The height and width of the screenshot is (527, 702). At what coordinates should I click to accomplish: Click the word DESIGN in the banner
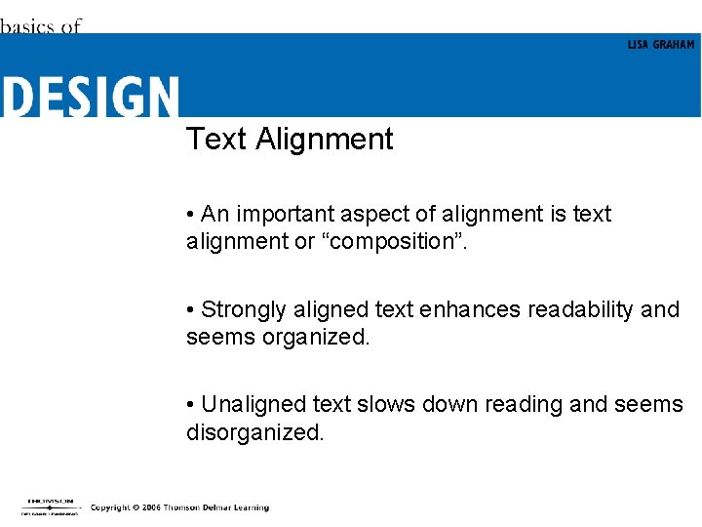pos(90,97)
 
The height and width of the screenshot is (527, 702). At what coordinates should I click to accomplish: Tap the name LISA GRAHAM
pos(661,45)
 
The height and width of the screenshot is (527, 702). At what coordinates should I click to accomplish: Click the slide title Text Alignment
pos(290,140)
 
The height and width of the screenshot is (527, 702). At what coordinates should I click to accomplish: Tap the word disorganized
pos(253,432)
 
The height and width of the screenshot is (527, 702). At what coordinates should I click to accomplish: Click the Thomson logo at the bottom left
pos(51,506)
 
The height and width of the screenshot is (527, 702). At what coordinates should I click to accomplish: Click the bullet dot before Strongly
pos(191,310)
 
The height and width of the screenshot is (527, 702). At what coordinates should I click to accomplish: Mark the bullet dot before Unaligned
pos(191,405)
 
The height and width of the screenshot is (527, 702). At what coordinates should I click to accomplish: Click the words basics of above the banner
pos(40,26)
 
